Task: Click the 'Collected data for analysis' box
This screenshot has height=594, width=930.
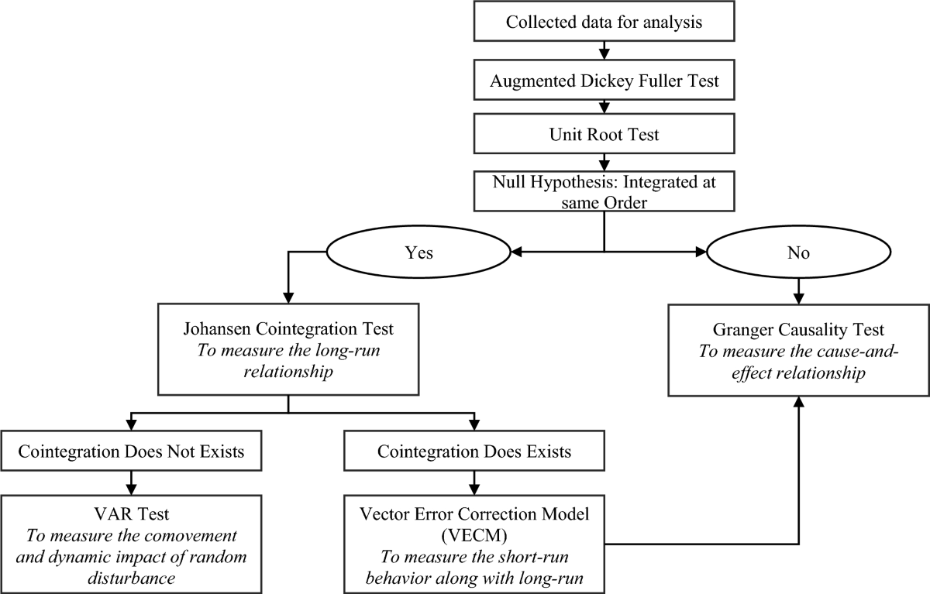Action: click(604, 21)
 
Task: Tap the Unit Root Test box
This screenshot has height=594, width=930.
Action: click(604, 135)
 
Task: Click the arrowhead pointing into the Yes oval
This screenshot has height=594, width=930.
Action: click(515, 252)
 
